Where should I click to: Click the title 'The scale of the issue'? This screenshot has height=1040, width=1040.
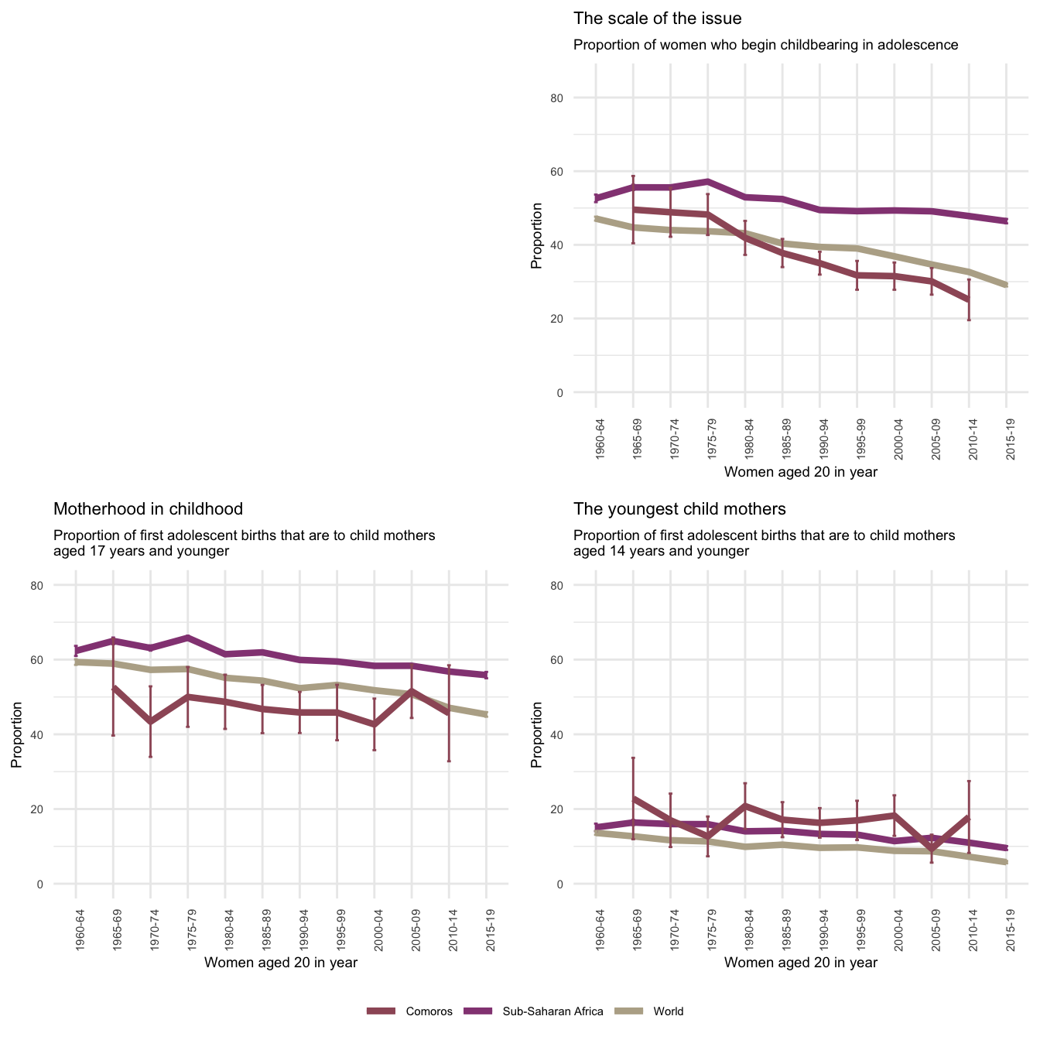pyautogui.click(x=657, y=19)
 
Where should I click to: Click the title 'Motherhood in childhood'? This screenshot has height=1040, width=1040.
pyautogui.click(x=148, y=509)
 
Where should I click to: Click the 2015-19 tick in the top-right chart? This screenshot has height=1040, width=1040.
pyautogui.click(x=1007, y=440)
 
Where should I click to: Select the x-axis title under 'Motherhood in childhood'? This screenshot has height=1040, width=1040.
pyautogui.click(x=280, y=963)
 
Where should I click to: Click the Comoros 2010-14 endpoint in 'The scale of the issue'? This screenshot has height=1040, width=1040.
pyautogui.click(x=969, y=299)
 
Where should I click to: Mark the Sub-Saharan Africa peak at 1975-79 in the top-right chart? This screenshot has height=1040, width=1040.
pyautogui.click(x=708, y=181)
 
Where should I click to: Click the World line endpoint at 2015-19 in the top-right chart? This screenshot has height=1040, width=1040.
pyautogui.click(x=1006, y=286)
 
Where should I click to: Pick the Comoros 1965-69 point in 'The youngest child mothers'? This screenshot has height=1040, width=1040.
pyautogui.click(x=634, y=799)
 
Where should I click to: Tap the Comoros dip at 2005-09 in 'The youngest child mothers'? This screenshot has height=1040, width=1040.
pyautogui.click(x=932, y=849)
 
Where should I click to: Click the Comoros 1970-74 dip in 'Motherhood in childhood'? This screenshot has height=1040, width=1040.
pyautogui.click(x=150, y=722)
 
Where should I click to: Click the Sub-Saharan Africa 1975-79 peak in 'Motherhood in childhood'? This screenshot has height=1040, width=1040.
pyautogui.click(x=188, y=638)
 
